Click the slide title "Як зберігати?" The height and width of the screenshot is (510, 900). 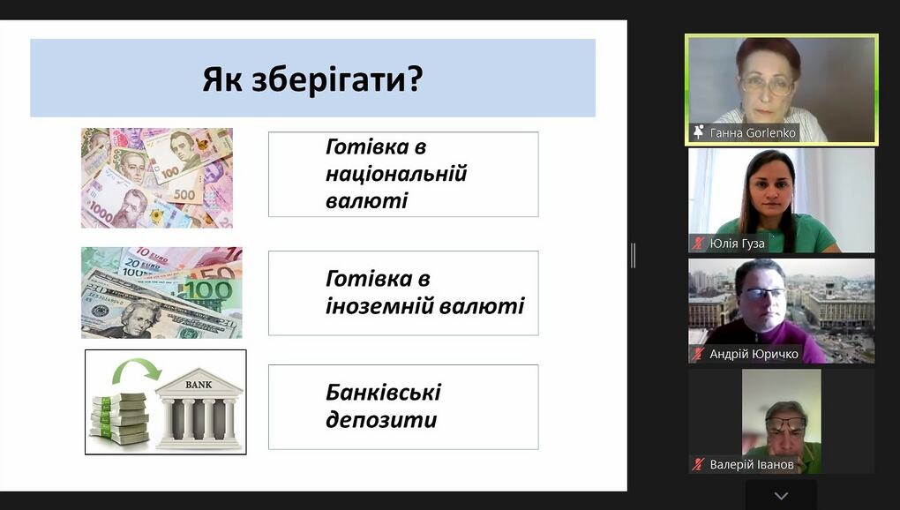[x=312, y=79]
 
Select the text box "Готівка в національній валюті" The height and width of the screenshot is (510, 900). [x=403, y=175]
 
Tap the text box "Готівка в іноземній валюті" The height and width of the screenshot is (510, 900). [x=403, y=293]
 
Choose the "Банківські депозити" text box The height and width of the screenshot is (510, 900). [x=403, y=407]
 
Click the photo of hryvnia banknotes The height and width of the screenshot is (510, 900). [x=157, y=178]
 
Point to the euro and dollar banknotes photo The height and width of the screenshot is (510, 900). [x=161, y=293]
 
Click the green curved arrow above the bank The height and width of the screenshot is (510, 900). [x=137, y=370]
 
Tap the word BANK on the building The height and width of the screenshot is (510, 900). [x=198, y=385]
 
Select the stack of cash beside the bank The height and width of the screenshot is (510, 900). [x=119, y=418]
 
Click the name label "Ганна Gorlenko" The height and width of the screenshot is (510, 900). [x=753, y=133]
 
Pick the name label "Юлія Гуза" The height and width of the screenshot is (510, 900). [x=737, y=244]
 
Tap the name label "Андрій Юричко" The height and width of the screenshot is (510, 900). [x=754, y=354]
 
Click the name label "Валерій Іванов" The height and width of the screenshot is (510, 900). [x=752, y=464]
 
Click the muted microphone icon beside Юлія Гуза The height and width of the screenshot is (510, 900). [x=698, y=244]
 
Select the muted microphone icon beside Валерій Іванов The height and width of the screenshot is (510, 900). [x=698, y=464]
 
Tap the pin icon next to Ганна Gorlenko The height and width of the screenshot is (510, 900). [x=699, y=132]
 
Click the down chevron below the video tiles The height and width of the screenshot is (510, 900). [x=781, y=496]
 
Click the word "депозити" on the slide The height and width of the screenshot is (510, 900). [x=381, y=421]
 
